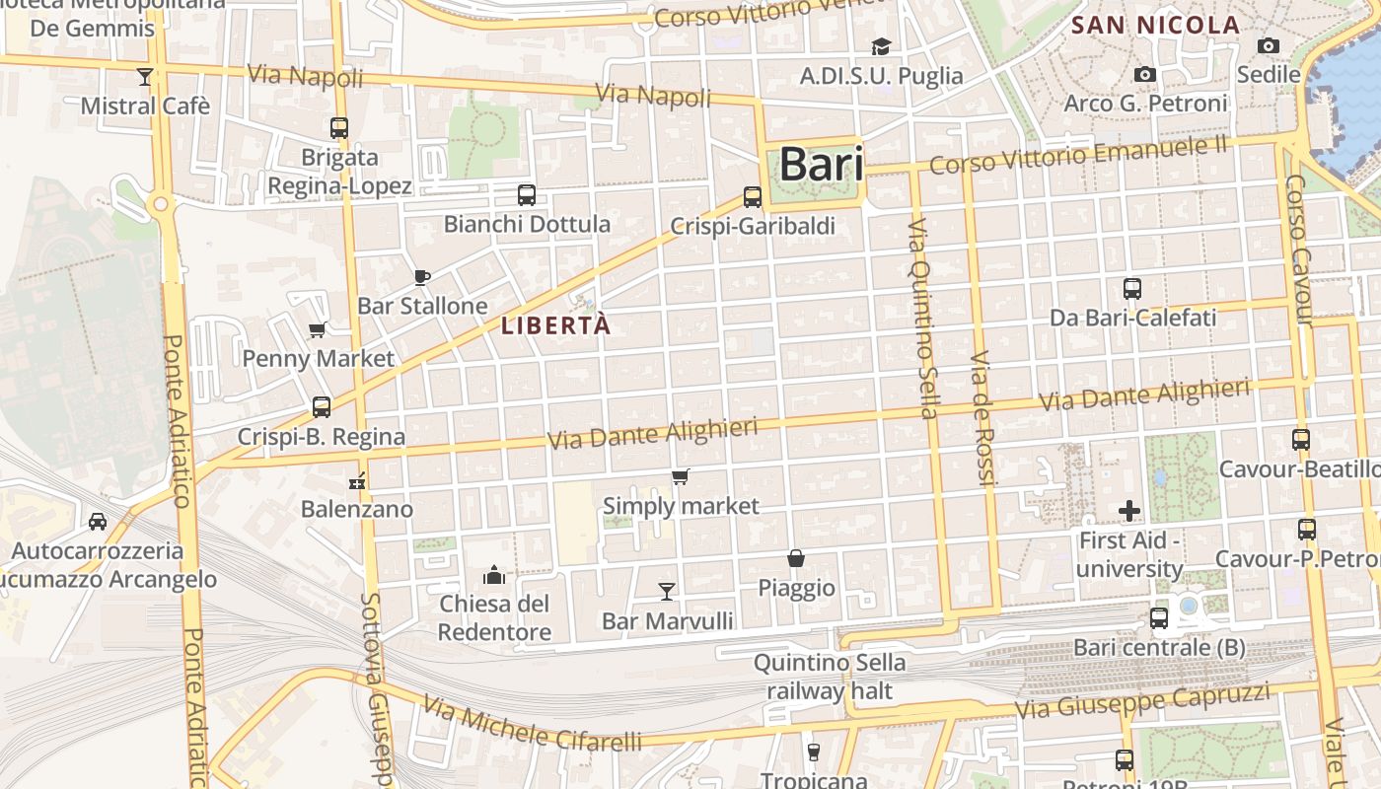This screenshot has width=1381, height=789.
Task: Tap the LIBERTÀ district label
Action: (556, 325)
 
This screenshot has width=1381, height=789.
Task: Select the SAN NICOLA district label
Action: (1155, 26)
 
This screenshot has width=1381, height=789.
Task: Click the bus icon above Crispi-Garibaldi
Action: (753, 197)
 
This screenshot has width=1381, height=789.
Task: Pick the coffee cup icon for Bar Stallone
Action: (422, 277)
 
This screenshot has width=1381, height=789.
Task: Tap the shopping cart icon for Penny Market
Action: (318, 329)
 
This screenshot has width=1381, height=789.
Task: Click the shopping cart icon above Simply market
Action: (680, 477)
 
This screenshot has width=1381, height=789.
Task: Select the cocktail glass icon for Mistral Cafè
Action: (145, 77)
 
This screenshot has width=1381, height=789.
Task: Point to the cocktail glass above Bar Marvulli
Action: (667, 591)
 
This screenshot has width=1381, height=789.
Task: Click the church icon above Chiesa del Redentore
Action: (494, 574)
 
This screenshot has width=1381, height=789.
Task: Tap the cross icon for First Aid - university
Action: (1129, 511)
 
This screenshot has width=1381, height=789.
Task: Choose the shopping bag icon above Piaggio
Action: (796, 558)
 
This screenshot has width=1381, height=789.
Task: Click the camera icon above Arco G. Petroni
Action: (1145, 74)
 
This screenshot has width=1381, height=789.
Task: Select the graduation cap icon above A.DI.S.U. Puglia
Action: (881, 46)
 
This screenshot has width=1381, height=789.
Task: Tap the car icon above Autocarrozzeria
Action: (98, 521)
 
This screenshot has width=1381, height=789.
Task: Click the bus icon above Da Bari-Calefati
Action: (1132, 289)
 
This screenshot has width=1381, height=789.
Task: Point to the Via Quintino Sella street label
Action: (923, 318)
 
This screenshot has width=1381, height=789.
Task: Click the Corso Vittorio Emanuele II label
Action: (1078, 155)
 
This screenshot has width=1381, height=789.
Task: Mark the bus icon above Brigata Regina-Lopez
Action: (339, 127)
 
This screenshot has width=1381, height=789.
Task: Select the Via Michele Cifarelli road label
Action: (533, 724)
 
